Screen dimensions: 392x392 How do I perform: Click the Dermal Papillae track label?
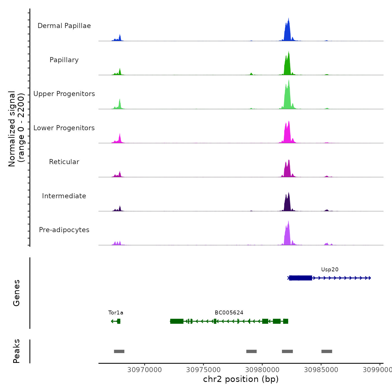pyautogui.click(x=64, y=26)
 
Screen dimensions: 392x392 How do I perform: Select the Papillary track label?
pyautogui.click(x=64, y=60)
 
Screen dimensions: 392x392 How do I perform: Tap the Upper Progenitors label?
pyautogui.click(x=64, y=94)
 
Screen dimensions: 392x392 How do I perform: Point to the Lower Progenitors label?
pyautogui.click(x=64, y=128)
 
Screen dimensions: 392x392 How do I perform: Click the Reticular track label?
pyautogui.click(x=64, y=162)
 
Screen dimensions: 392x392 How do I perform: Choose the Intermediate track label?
pyautogui.click(x=64, y=196)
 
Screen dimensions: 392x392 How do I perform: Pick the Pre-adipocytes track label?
pyautogui.click(x=64, y=230)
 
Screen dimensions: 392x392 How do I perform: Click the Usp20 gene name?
pyautogui.click(x=330, y=270)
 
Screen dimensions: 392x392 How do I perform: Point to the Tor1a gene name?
pyautogui.click(x=116, y=313)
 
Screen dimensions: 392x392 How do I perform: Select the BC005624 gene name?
pyautogui.click(x=229, y=313)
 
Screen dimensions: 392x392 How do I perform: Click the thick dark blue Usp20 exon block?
pyautogui.click(x=301, y=278)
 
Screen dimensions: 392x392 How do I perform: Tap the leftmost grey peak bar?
pyautogui.click(x=119, y=351)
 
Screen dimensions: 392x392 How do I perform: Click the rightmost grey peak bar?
pyautogui.click(x=326, y=351)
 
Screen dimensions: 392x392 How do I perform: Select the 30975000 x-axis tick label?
pyautogui.click(x=204, y=370)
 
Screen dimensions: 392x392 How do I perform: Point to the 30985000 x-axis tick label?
pyautogui.click(x=321, y=370)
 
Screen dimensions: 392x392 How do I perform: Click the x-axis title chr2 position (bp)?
pyautogui.click(x=241, y=379)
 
